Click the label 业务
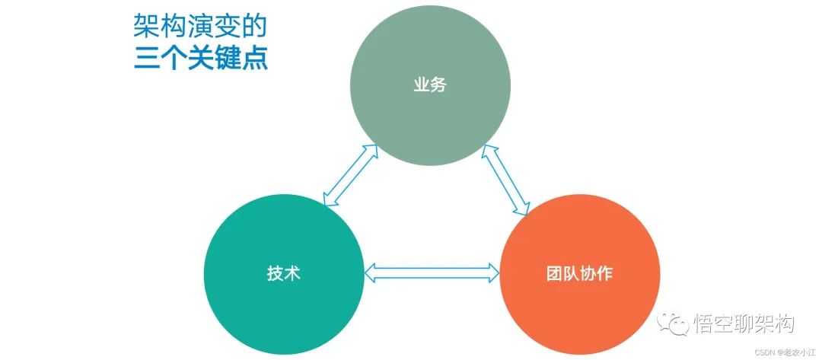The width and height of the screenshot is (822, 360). [x=430, y=85]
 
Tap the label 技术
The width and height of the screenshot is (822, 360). [x=284, y=273]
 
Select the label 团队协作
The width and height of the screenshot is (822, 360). [x=579, y=273]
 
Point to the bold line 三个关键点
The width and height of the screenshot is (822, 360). [x=200, y=59]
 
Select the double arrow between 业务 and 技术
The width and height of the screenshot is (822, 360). [x=350, y=175]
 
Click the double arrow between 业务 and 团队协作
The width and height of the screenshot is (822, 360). [x=507, y=180]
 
